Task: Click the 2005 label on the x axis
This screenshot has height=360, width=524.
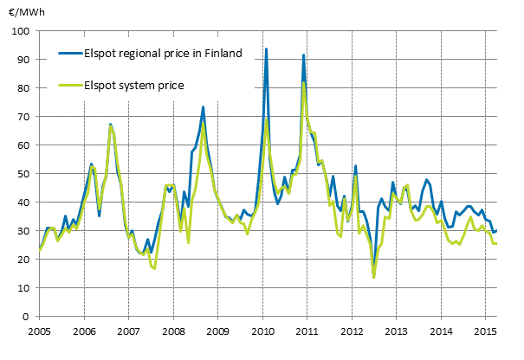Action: tap(39, 331)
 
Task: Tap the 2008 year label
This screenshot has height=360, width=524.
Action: tap(173, 331)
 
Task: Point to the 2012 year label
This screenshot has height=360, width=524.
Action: tap(352, 331)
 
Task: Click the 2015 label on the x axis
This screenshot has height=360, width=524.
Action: tap(486, 331)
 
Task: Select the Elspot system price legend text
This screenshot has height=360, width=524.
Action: tap(134, 85)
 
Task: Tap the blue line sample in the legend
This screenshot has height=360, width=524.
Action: tap(66, 54)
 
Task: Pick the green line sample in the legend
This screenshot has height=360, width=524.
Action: tap(66, 85)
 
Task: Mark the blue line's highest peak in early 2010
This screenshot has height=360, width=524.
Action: tap(266, 49)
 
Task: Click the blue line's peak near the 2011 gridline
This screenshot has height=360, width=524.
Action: tap(303, 55)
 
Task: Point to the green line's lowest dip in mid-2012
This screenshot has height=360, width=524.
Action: tap(373, 277)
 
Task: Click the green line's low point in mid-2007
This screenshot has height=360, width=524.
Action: tap(154, 269)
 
